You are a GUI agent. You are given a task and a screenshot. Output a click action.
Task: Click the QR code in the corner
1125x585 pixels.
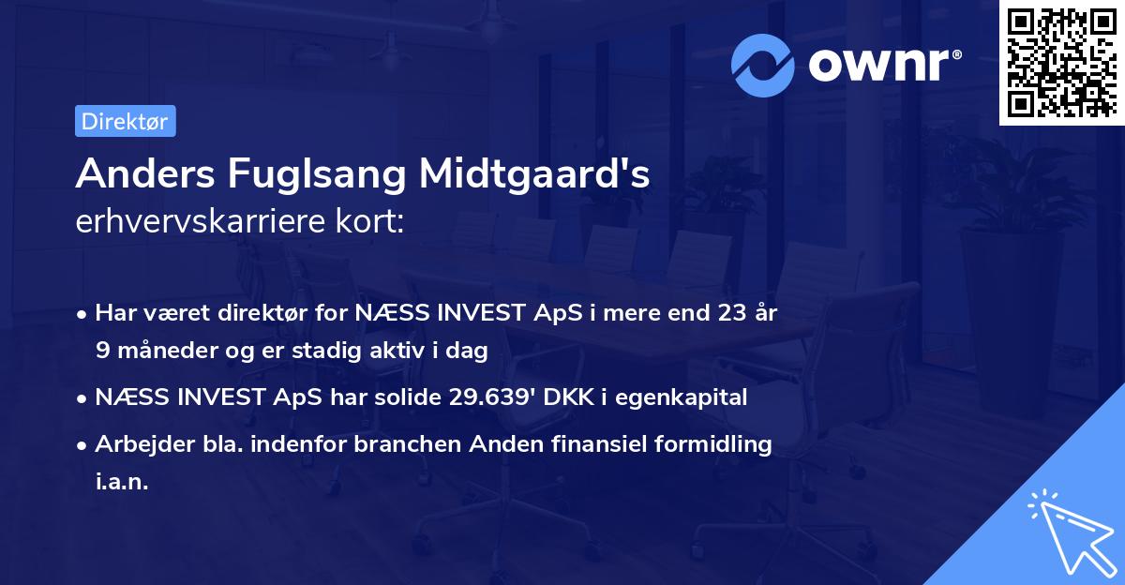[x=1062, y=62]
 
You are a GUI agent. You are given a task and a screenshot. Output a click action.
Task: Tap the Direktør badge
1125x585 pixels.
[x=125, y=121]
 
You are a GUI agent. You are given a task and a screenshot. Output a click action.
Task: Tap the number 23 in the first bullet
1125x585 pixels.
[x=724, y=312]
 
